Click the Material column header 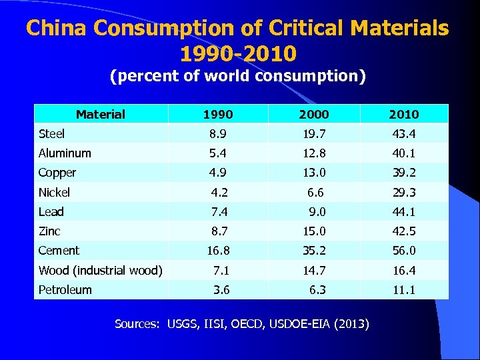101,114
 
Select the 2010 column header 404,114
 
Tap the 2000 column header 314,114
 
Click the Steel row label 52,134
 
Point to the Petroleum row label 65,289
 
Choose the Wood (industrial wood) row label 101,270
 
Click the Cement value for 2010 404,251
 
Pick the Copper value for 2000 314,173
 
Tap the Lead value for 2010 404,212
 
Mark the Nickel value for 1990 220,193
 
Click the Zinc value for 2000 314,231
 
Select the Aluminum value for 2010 404,153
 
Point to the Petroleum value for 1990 222,289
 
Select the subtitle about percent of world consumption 238,77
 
